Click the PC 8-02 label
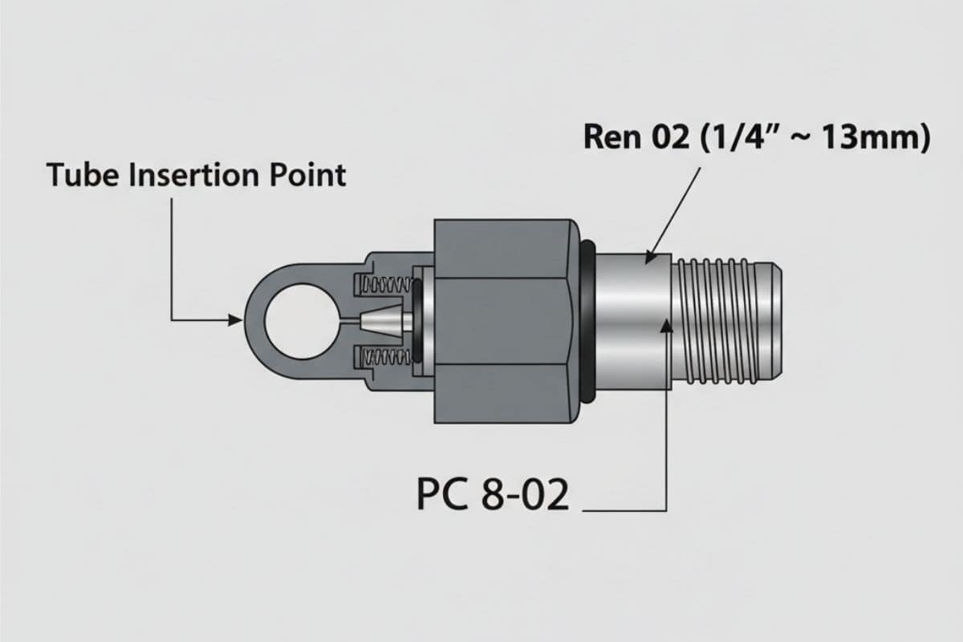point(493,496)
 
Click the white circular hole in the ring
point(296,321)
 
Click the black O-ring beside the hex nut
point(587,321)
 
